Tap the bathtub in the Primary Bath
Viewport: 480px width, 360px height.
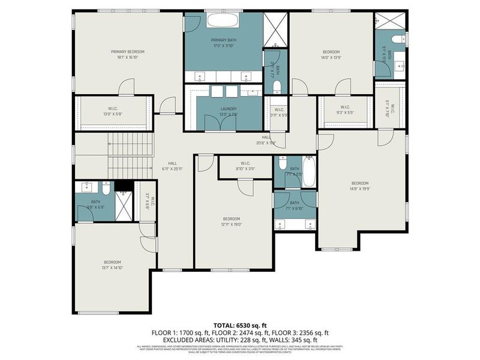[223, 20]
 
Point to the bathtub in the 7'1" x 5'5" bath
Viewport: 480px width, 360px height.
[309, 172]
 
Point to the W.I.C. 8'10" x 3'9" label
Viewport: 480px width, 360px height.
[245, 166]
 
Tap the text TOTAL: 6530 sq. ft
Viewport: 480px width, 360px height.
[239, 325]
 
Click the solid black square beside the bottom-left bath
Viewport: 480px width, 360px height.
[122, 186]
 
